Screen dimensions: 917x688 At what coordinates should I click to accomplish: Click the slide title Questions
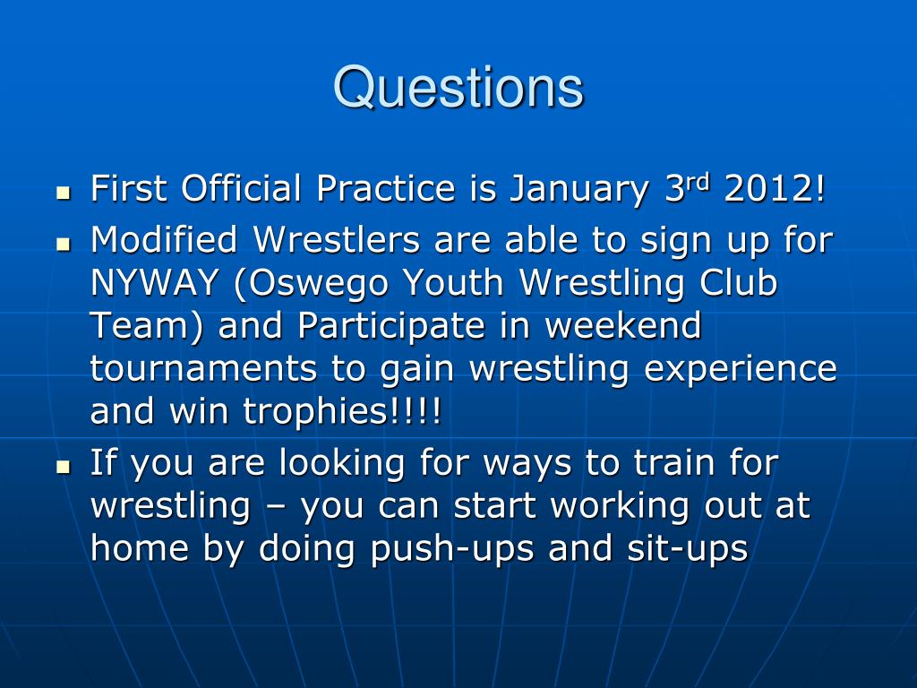(x=458, y=89)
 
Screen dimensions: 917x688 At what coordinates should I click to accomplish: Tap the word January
(x=578, y=190)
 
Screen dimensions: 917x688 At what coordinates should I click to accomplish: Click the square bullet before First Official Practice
(x=64, y=193)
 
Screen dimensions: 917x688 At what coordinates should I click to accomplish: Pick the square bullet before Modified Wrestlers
(x=64, y=244)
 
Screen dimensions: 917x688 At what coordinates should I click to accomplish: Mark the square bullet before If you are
(x=64, y=467)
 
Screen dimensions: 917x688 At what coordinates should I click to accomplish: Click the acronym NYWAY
(x=154, y=282)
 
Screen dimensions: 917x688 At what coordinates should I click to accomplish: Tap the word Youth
(x=453, y=282)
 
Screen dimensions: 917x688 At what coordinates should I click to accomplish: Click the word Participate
(x=391, y=327)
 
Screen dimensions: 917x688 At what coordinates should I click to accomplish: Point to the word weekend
(x=623, y=325)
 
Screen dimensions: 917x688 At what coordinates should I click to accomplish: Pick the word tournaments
(x=203, y=368)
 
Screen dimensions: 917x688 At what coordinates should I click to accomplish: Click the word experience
(x=741, y=370)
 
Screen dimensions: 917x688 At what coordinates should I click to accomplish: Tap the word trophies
(x=316, y=411)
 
